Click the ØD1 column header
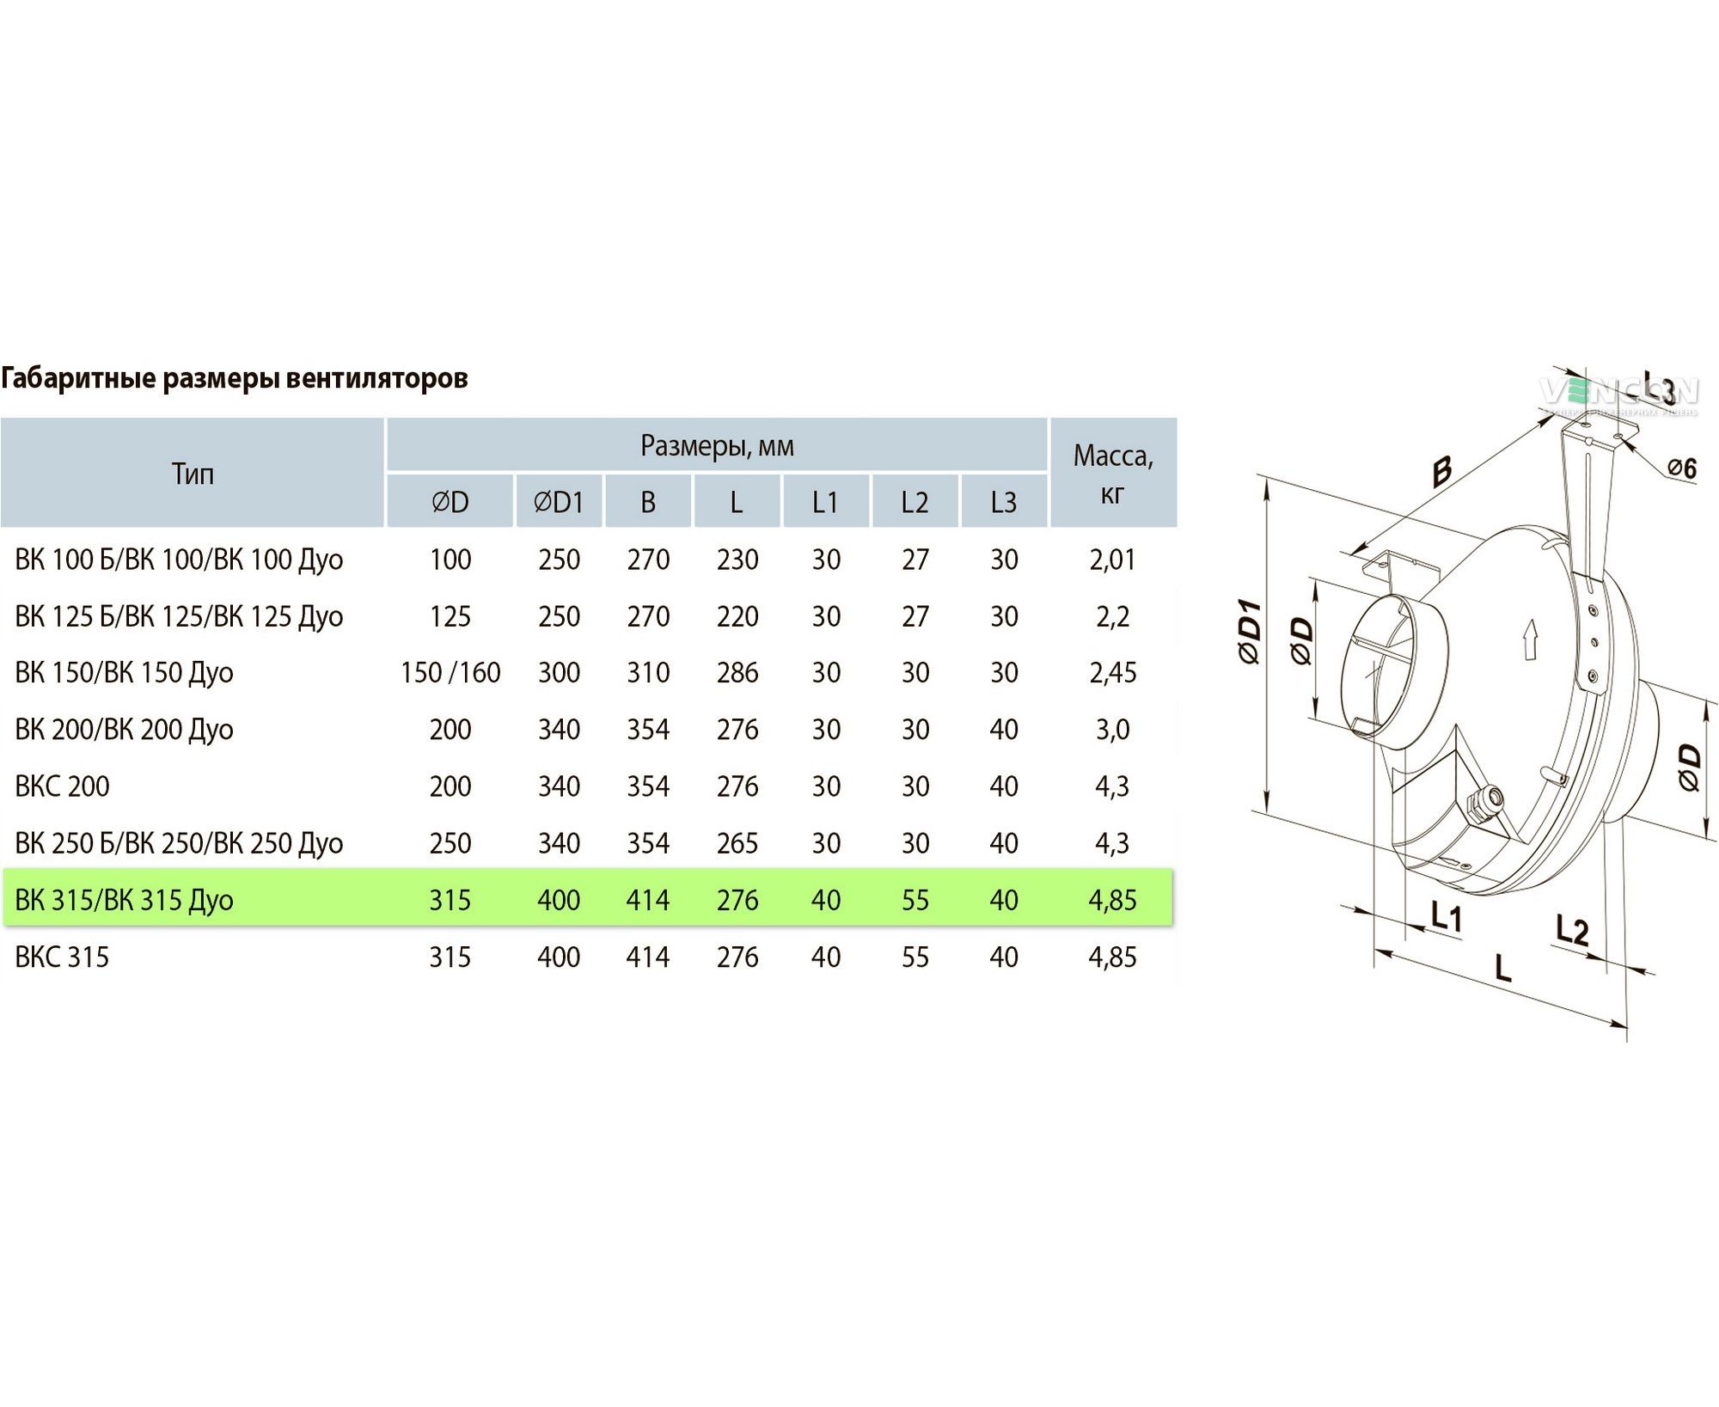coord(559,502)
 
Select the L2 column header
coord(915,502)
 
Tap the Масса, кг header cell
coord(1113,474)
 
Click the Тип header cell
coord(193,474)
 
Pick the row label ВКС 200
coord(62,786)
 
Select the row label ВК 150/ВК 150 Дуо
coord(124,673)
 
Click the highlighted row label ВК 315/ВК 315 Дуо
coord(124,900)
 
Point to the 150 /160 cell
coord(450,673)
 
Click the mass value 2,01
coord(1113,560)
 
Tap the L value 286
coord(737,673)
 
